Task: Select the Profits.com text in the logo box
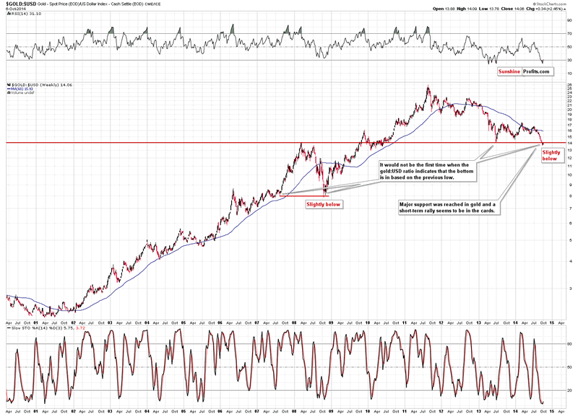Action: point(538,71)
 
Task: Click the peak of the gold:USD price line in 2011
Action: point(428,88)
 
